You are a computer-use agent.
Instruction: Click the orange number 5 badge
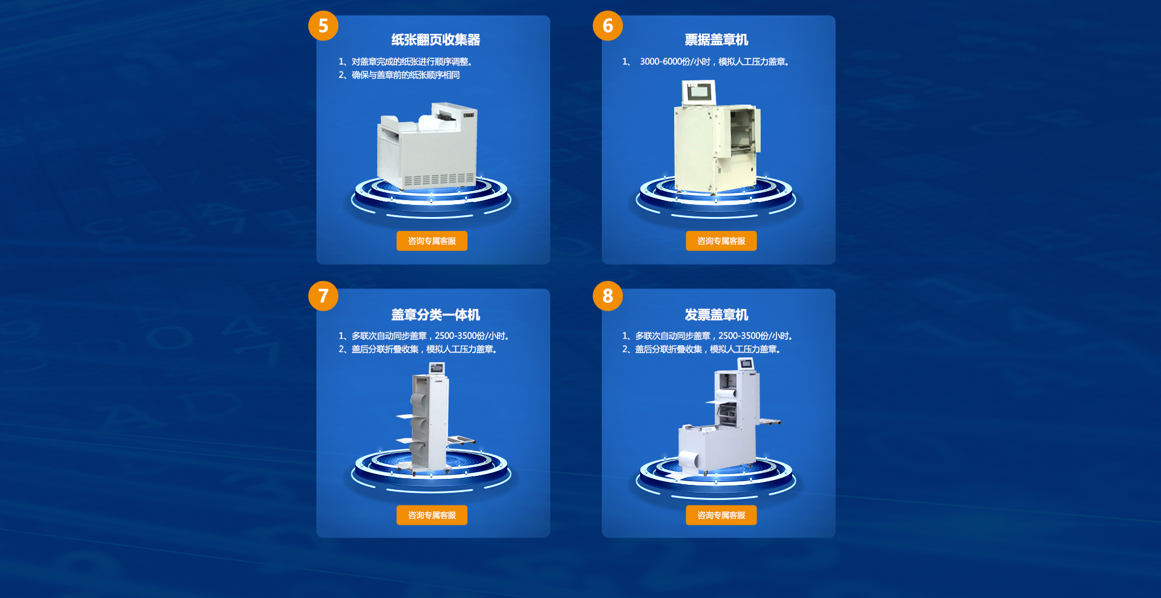click(323, 25)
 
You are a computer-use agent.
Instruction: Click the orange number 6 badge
click(608, 25)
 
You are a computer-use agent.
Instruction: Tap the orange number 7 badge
click(323, 296)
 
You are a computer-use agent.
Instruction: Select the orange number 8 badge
click(608, 296)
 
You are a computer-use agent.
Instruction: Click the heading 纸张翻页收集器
click(435, 40)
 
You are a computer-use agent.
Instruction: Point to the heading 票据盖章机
click(717, 40)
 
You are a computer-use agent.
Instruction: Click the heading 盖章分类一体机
click(435, 315)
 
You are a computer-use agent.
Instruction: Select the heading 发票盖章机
click(717, 315)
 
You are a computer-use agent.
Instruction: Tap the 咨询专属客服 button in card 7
click(432, 515)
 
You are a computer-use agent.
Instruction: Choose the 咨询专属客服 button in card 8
click(721, 515)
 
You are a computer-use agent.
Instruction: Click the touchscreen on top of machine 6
click(699, 93)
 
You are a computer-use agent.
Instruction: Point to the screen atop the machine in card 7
click(437, 368)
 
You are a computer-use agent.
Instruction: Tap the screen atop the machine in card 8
click(746, 363)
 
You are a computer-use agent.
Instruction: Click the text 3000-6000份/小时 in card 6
click(675, 62)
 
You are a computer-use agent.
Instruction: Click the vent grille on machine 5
click(439, 180)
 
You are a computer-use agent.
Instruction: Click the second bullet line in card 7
click(417, 349)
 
